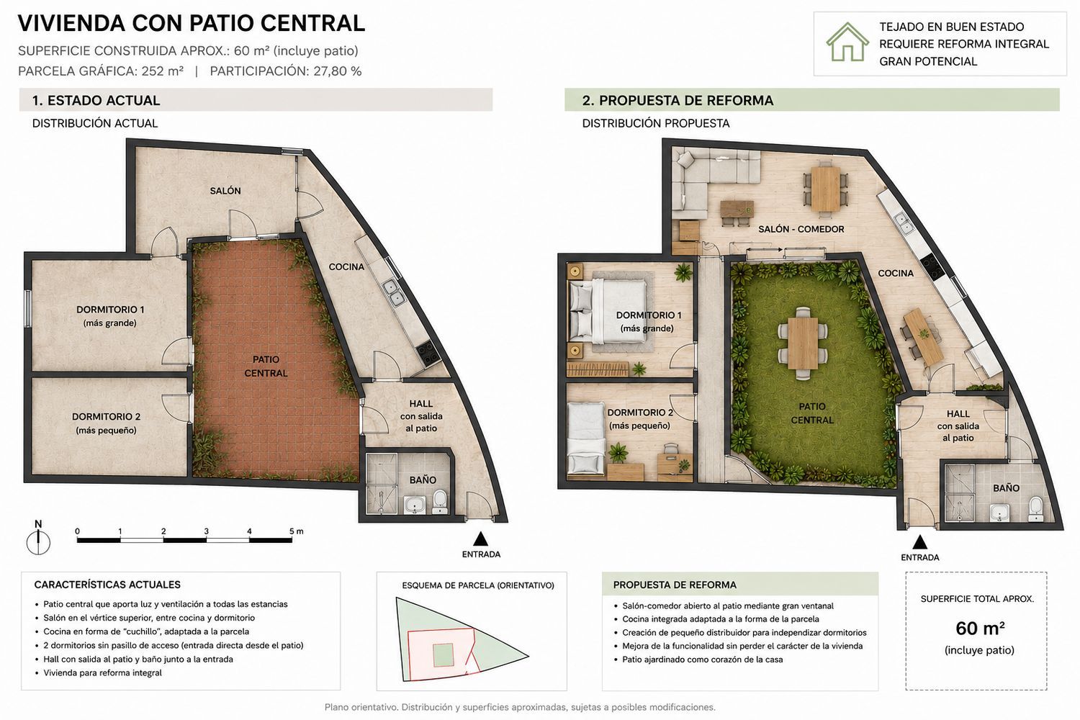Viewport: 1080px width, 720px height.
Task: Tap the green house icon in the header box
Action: (847, 42)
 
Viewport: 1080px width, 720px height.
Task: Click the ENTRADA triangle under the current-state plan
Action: (480, 539)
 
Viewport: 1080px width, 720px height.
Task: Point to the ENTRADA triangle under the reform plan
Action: (920, 542)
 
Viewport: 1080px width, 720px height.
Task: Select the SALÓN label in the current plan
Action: (225, 191)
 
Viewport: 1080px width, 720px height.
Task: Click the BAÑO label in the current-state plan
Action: (423, 480)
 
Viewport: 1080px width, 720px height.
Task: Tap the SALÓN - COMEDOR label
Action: (801, 229)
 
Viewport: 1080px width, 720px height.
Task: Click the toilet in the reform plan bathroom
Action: (1035, 509)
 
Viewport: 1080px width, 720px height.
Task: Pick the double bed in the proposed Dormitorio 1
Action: (608, 312)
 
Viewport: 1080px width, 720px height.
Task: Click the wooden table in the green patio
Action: (803, 343)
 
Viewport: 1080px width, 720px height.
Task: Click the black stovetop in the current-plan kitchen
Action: (428, 353)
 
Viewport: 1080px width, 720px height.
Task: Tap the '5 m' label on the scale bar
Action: (297, 531)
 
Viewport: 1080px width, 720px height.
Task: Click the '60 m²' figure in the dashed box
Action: (980, 629)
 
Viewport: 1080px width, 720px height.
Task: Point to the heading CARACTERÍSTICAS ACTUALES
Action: (107, 585)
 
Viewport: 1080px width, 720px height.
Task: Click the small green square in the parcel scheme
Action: (443, 655)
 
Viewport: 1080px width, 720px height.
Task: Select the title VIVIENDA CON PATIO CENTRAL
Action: (192, 23)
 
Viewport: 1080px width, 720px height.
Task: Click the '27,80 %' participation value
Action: (338, 71)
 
